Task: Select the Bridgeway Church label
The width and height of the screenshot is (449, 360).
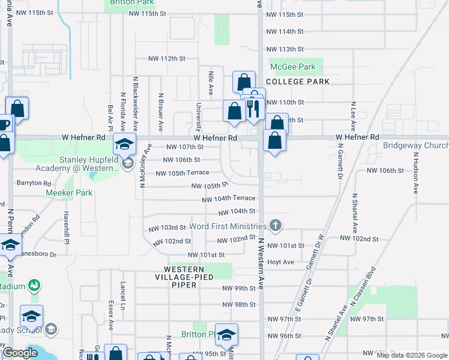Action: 416,146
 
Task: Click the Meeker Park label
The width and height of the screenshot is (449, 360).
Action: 70,193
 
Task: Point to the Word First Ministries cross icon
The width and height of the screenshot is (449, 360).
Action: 276,226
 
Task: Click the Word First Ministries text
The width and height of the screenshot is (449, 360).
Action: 228,226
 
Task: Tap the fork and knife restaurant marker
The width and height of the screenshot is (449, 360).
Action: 253,109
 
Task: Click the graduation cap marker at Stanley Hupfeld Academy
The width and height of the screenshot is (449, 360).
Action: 125,145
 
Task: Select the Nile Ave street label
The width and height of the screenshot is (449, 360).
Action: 211,82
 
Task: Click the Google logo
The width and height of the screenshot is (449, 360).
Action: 20,353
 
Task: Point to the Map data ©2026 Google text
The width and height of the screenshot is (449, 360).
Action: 412,355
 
